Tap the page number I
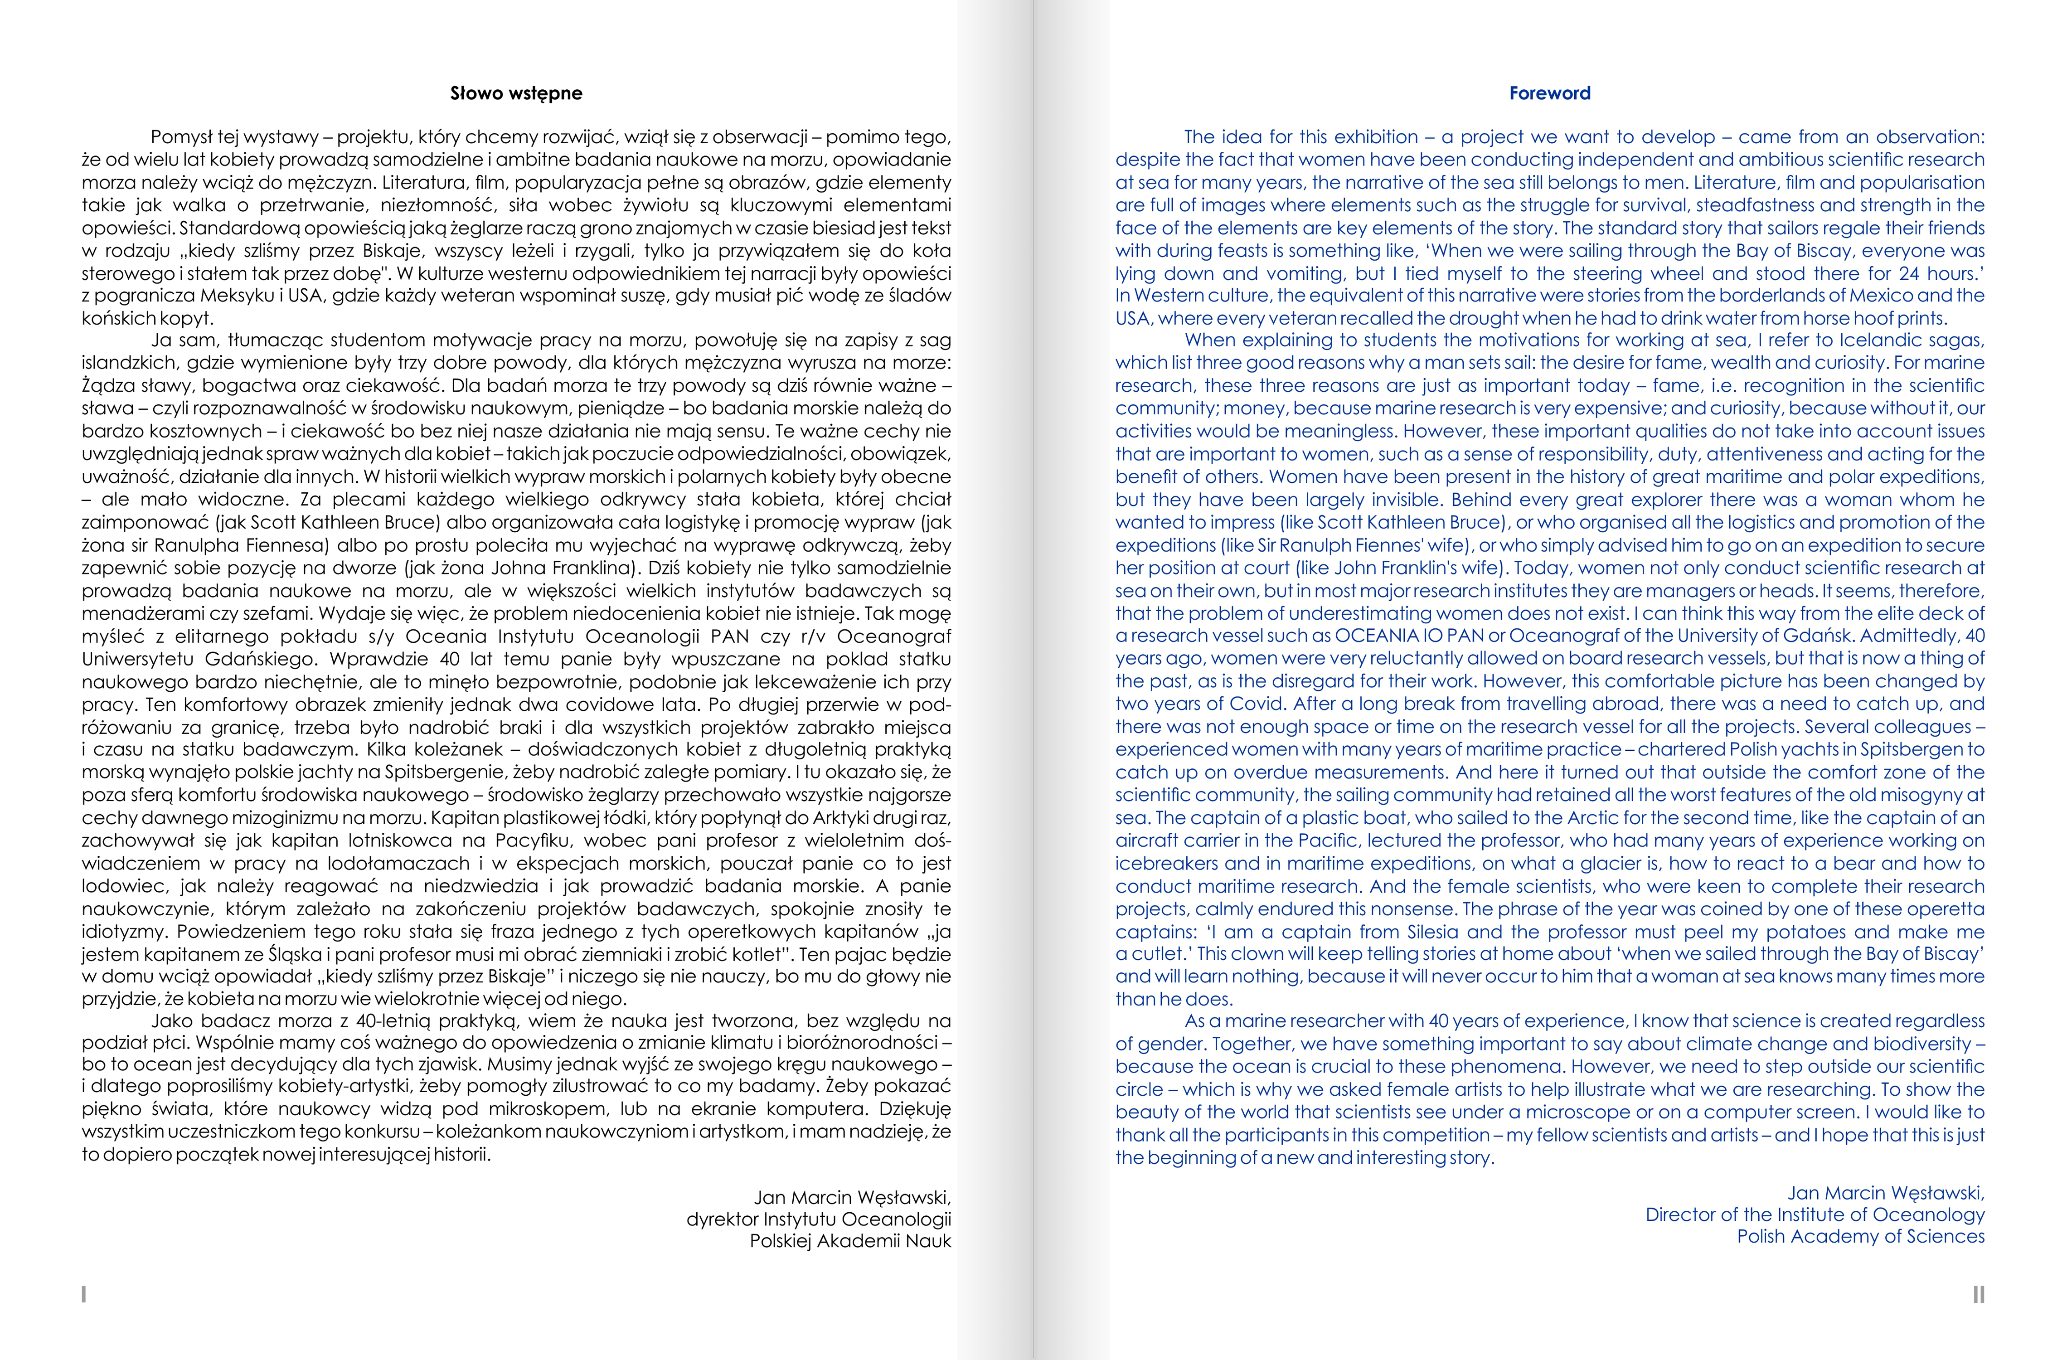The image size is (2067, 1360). pyautogui.click(x=83, y=1294)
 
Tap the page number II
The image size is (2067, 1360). pyautogui.click(x=1979, y=1294)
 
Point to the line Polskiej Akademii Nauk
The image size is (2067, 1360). pyautogui.click(x=850, y=1241)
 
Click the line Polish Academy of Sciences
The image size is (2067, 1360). pyautogui.click(x=1860, y=1236)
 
